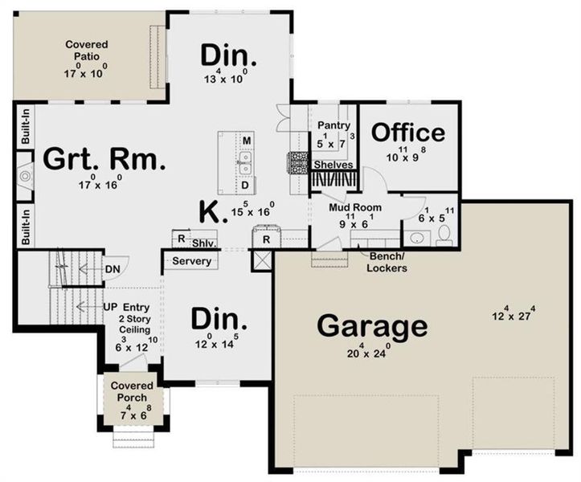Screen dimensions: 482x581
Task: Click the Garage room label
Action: coord(371,325)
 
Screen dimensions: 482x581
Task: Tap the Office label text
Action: coord(407,133)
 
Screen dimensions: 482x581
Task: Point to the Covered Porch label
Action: coord(133,391)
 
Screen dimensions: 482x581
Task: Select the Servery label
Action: coord(193,261)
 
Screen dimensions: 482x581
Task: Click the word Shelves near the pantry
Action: coord(333,165)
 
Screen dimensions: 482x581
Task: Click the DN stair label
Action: coord(113,269)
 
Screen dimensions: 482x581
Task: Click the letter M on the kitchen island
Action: coord(248,142)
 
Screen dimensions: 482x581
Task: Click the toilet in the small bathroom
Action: coord(444,236)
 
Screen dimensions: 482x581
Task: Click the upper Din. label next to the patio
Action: coord(228,56)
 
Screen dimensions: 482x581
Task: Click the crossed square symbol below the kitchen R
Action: coord(262,259)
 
